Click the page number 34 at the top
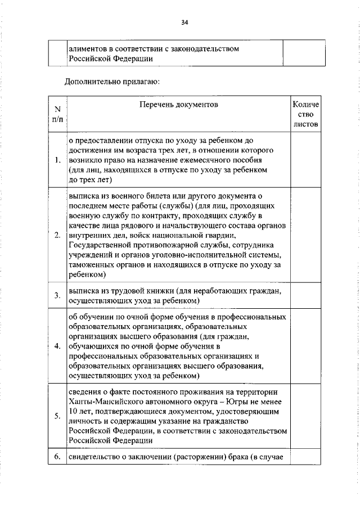184,22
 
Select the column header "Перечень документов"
177,105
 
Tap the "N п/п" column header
57,114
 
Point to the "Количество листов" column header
305,114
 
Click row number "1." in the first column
57,161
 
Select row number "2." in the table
57,235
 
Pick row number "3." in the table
57,295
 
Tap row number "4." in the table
57,345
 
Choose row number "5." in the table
57,416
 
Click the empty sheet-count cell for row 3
305,295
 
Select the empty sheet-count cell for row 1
305,161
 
